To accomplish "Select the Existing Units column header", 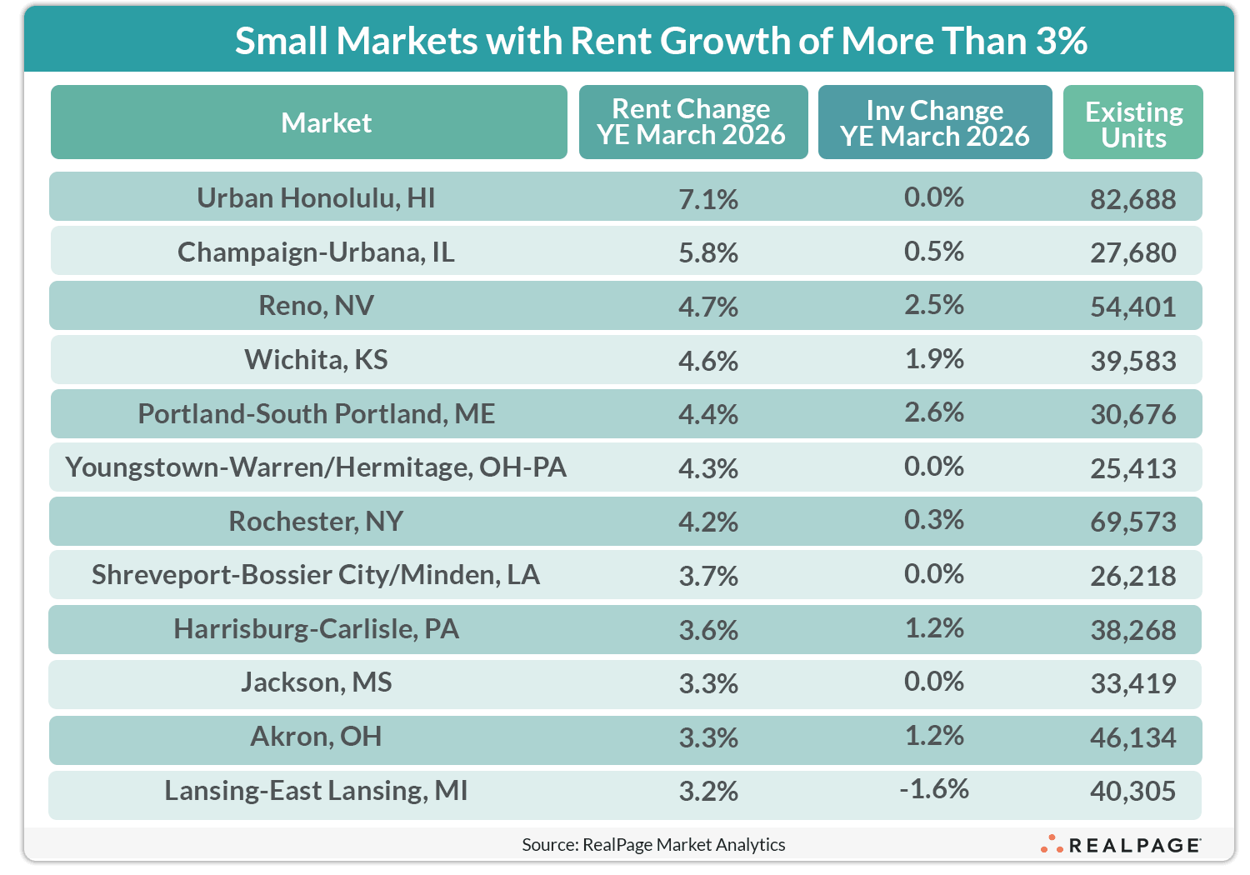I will coord(1132,123).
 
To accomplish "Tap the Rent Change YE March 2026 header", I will coord(692,122).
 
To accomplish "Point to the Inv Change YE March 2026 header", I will coord(934,122).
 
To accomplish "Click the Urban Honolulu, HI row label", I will coord(316,197).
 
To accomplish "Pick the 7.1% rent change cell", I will coord(707,199).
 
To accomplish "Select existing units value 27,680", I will coord(1132,252).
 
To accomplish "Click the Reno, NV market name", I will coord(316,306).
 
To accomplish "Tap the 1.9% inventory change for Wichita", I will coord(933,359).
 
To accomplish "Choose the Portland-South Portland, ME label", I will coord(316,413).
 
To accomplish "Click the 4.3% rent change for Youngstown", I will coord(707,468).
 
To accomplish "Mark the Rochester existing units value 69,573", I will coord(1132,522).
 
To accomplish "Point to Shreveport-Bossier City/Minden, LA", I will coord(316,575).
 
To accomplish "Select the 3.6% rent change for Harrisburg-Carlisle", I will coord(707,630).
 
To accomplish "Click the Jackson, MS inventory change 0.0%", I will coord(933,682).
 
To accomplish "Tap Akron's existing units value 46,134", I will coord(1132,737).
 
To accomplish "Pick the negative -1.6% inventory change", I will coord(933,789).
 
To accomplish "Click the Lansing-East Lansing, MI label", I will coord(316,790).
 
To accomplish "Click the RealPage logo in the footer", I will coord(1121,845).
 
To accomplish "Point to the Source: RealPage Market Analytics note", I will coord(653,845).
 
